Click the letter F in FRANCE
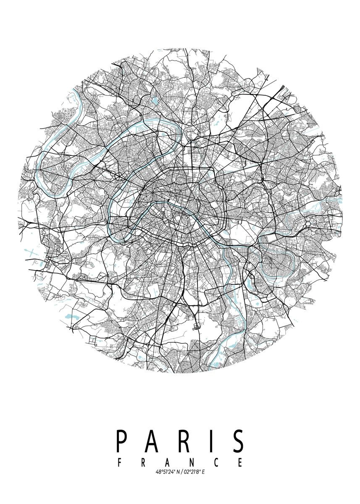[x=120, y=463]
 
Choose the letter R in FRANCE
[x=144, y=463]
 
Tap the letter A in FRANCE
[x=168, y=463]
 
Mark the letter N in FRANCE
[x=192, y=463]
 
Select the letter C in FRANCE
[x=216, y=463]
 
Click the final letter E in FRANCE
[x=240, y=463]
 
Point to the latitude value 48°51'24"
[x=166, y=472]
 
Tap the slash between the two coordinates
[x=183, y=472]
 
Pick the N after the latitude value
[x=178, y=472]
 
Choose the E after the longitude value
[x=203, y=472]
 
